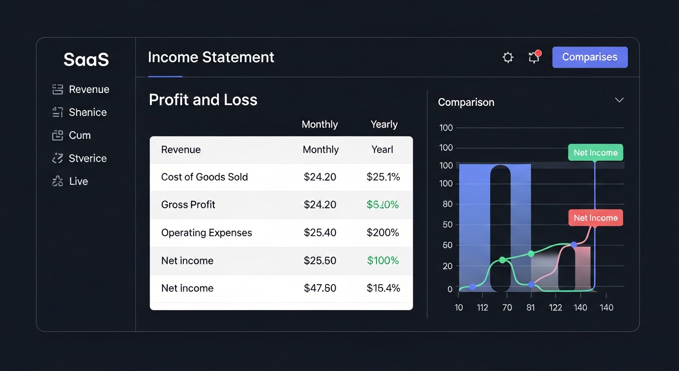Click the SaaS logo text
tap(86, 60)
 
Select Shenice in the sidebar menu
tap(87, 112)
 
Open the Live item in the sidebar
tap(78, 181)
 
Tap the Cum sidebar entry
tap(80, 135)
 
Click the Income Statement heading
tap(211, 57)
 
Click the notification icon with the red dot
tap(534, 57)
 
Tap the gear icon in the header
tap(508, 57)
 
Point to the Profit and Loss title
tap(203, 100)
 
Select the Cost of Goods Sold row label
tap(204, 177)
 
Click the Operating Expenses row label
tap(206, 232)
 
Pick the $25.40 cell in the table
tap(320, 232)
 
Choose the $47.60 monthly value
tap(320, 288)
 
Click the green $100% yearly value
tap(383, 260)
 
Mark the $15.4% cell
tap(383, 288)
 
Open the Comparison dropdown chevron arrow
tap(619, 100)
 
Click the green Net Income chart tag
tap(596, 153)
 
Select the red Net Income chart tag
tap(596, 218)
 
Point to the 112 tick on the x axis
tap(482, 307)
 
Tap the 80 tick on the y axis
tap(448, 204)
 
